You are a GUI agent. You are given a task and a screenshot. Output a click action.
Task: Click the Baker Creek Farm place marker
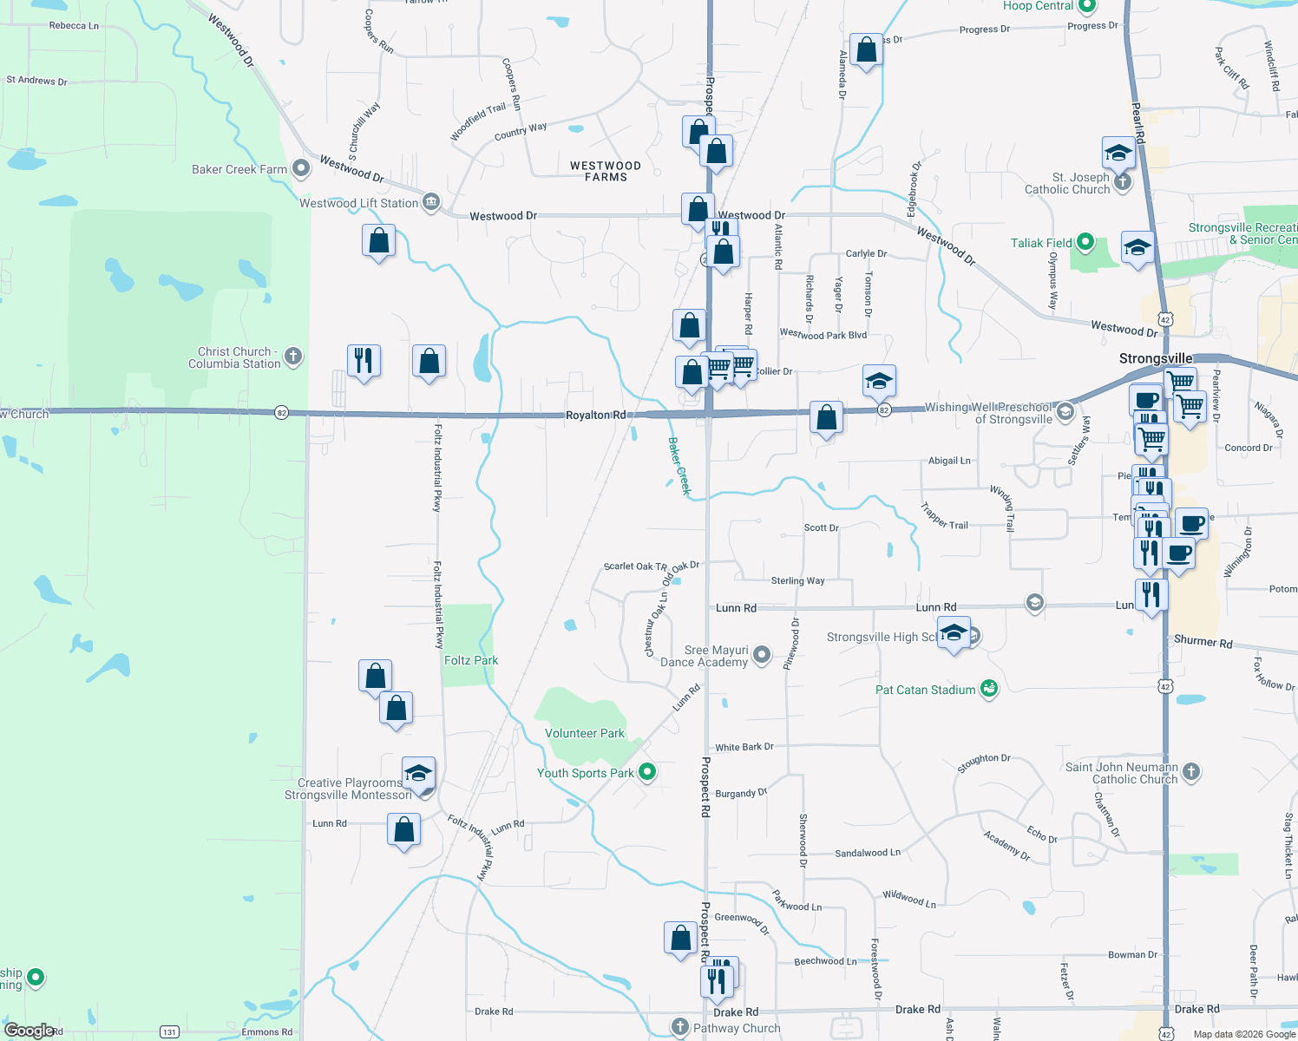tap(301, 168)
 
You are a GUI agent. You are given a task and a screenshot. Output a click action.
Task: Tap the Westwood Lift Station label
tap(359, 203)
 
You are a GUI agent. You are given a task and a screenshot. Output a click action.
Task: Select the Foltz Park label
tap(471, 660)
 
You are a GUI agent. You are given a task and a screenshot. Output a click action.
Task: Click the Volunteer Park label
tap(585, 733)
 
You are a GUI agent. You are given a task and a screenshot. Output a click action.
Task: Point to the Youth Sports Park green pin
tap(646, 771)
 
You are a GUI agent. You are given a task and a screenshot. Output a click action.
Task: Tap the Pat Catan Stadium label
tap(925, 690)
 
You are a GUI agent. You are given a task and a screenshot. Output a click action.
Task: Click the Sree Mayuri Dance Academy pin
tap(762, 654)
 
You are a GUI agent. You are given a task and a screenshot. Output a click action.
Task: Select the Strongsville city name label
tap(1156, 358)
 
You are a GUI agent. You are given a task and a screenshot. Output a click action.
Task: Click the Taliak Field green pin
tap(1086, 243)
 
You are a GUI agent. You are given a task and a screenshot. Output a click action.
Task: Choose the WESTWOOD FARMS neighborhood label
tap(606, 171)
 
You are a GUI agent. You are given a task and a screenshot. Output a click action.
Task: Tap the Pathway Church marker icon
tap(680, 1026)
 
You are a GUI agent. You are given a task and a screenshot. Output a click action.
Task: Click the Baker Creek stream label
tap(679, 466)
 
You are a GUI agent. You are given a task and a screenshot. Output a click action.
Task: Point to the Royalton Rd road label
tap(595, 415)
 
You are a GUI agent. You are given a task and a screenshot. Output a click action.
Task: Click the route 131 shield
tap(169, 1031)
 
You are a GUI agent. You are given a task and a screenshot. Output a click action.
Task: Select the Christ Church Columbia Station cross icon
tap(293, 356)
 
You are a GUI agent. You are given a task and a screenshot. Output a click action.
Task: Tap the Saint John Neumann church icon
tap(1191, 771)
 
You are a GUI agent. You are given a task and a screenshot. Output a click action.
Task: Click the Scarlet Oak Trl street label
tap(635, 566)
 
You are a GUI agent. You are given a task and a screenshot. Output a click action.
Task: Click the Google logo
tap(29, 1031)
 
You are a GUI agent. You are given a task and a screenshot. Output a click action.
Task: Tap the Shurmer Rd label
tap(1203, 642)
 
